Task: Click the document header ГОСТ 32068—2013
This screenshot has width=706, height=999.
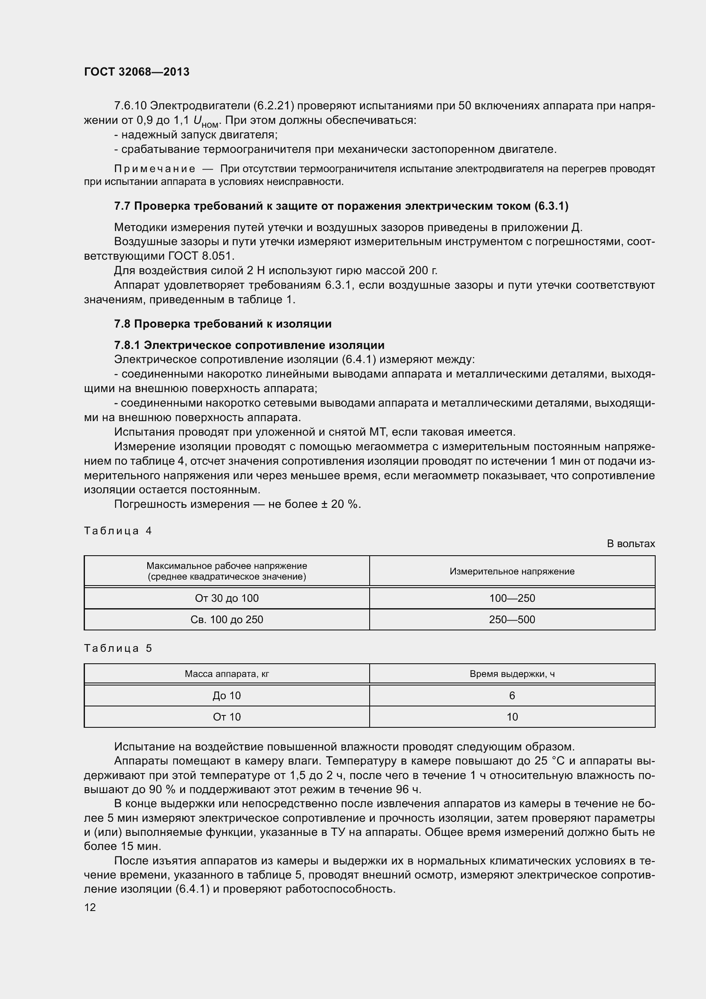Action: point(137,72)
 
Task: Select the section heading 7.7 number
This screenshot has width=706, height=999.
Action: point(122,206)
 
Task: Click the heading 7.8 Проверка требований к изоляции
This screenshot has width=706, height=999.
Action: point(222,324)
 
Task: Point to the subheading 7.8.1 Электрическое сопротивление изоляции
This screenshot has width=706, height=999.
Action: point(249,345)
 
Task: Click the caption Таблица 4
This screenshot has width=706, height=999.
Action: point(118,530)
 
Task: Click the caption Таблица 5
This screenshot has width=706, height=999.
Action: point(118,648)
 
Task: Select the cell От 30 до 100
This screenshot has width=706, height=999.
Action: point(227,598)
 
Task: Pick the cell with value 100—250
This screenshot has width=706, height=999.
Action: point(512,598)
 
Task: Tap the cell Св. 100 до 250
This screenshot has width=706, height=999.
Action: point(227,619)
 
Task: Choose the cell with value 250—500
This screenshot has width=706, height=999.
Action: point(512,619)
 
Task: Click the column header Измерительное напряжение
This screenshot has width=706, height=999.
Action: point(512,571)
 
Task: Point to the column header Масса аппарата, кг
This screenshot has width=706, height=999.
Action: point(227,674)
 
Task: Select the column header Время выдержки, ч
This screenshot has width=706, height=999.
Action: point(512,674)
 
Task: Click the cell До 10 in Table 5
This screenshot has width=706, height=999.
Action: point(227,695)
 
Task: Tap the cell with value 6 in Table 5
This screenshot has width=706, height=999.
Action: point(512,695)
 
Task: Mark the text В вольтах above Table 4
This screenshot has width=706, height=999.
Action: point(630,543)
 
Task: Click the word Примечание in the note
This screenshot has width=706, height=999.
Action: point(155,168)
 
